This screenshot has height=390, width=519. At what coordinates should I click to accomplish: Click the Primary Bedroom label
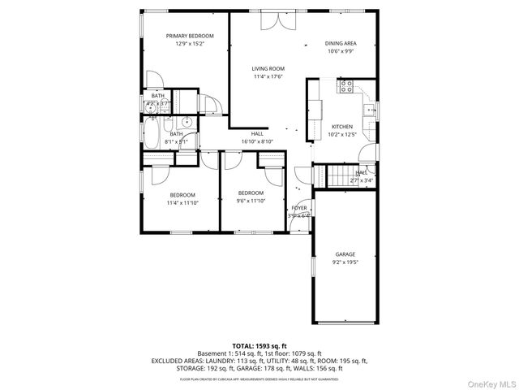(x=190, y=36)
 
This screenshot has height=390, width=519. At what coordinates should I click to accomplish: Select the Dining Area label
(x=341, y=43)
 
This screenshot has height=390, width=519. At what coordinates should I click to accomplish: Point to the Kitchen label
(x=341, y=127)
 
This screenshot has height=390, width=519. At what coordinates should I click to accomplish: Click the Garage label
(x=345, y=254)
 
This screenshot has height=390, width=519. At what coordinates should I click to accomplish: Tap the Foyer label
(x=299, y=208)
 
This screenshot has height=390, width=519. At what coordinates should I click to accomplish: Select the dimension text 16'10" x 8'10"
(x=257, y=141)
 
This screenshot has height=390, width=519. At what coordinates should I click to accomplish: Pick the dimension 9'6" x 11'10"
(x=251, y=201)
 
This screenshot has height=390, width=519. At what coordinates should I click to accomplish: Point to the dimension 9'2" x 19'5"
(x=345, y=262)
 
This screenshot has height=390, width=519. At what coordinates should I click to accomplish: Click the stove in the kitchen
(x=346, y=84)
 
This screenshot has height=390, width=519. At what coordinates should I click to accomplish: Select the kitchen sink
(x=369, y=110)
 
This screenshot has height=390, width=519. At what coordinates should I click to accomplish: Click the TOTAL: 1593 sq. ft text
(x=259, y=346)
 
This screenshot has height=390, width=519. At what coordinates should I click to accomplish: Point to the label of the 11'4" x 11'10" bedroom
(x=182, y=194)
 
